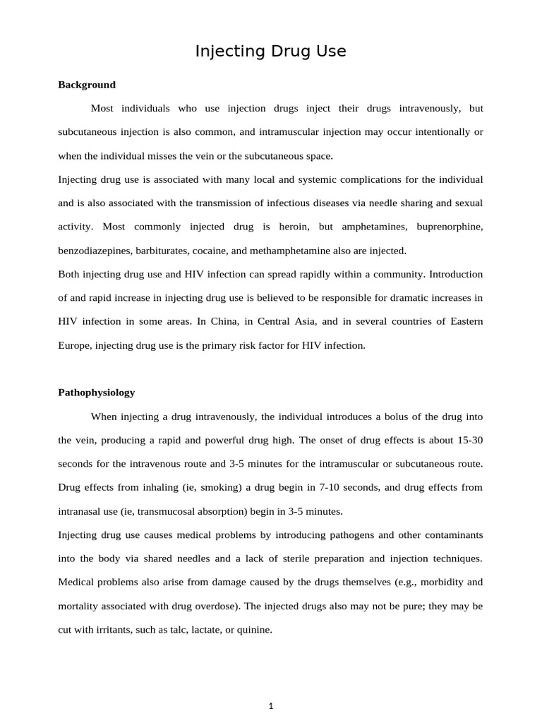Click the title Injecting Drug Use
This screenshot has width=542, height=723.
pos(270,52)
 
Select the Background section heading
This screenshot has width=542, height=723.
pos(86,85)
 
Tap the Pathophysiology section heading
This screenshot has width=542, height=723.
pos(96,392)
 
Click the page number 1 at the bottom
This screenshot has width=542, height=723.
pos(270,706)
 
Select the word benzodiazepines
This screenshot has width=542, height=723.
pos(91,251)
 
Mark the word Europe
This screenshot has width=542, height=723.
pos(74,345)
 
